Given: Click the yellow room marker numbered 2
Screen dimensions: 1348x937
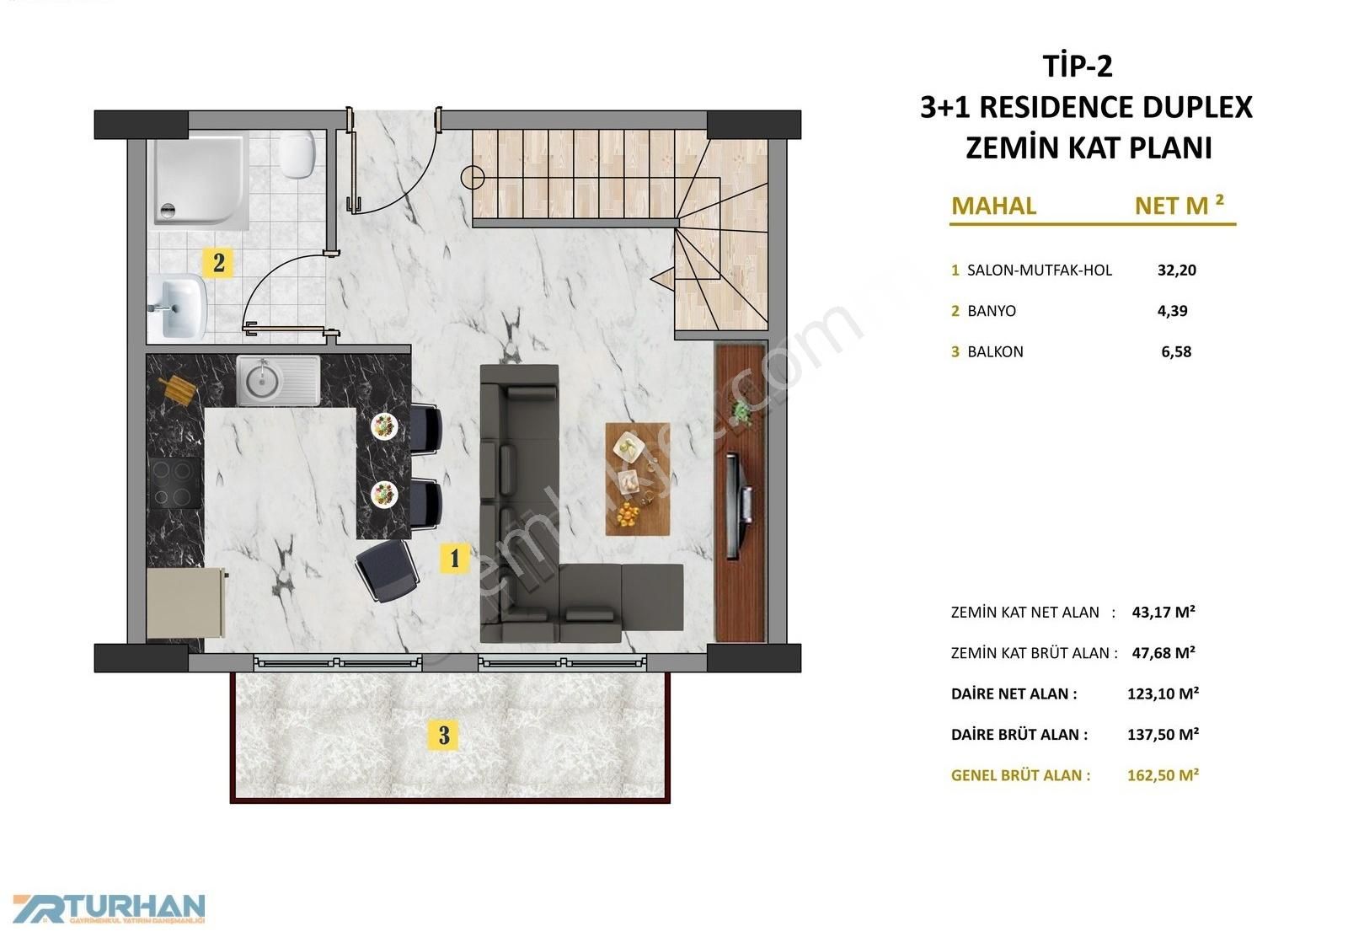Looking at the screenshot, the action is tap(218, 262).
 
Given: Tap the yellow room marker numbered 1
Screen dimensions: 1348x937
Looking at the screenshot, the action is tap(454, 559).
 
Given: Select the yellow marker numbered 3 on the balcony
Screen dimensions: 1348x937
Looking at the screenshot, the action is tap(443, 735).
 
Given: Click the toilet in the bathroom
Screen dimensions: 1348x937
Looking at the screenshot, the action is tap(297, 154).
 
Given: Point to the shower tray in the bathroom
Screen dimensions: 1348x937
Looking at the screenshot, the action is tap(198, 180).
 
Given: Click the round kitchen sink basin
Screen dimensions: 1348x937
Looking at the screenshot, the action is tap(263, 380).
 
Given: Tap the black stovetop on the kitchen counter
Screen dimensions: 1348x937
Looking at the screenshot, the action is tap(174, 483).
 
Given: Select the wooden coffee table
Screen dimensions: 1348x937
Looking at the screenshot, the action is tap(637, 479).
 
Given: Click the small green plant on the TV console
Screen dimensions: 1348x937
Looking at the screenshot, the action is tap(741, 412).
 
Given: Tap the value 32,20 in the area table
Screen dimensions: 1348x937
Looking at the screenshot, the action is tap(1176, 270).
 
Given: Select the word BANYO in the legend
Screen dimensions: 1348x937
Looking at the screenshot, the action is tap(991, 311).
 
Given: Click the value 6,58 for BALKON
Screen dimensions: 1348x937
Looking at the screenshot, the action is tap(1176, 352).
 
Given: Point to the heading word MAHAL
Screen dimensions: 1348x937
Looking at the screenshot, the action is tap(993, 206).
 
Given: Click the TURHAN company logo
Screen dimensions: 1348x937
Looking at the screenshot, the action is tap(109, 908).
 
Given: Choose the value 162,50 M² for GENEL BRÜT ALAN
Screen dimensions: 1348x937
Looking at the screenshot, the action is tap(1163, 774).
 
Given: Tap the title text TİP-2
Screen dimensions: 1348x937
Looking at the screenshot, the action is tap(1078, 66).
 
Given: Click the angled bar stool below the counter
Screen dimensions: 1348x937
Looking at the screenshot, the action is tap(387, 570).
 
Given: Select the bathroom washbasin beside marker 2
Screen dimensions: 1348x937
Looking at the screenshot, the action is tap(178, 307).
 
